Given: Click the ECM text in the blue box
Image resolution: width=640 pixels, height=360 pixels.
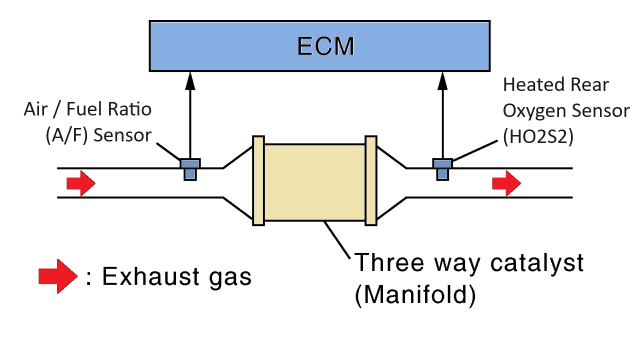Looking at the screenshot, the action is pyautogui.click(x=325, y=46).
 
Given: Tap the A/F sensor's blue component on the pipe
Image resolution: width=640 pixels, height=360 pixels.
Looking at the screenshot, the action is pyautogui.click(x=190, y=169).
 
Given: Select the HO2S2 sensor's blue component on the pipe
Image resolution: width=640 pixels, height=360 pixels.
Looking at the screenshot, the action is pyautogui.click(x=442, y=169).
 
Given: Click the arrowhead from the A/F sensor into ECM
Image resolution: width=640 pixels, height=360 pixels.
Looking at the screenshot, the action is pyautogui.click(x=190, y=81).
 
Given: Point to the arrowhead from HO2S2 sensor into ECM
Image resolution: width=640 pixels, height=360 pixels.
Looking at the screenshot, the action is pyautogui.click(x=442, y=81).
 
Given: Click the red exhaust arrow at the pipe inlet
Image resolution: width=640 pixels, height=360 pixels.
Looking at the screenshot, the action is pyautogui.click(x=81, y=183).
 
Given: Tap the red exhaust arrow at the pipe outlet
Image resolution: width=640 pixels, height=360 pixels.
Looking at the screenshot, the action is pyautogui.click(x=506, y=183).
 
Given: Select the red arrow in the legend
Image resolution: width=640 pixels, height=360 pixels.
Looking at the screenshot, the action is pyautogui.click(x=57, y=276).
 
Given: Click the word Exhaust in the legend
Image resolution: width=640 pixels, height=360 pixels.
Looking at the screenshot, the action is pyautogui.click(x=150, y=276).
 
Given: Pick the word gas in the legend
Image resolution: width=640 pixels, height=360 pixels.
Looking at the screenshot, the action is pyautogui.click(x=230, y=278).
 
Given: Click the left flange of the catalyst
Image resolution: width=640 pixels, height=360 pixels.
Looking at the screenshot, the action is pyautogui.click(x=258, y=181).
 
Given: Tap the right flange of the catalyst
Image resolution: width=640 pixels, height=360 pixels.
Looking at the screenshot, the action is pyautogui.click(x=371, y=181).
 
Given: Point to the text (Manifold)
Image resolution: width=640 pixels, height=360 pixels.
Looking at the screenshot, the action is pyautogui.click(x=415, y=295).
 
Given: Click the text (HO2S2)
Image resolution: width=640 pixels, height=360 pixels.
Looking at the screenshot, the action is pyautogui.click(x=538, y=137).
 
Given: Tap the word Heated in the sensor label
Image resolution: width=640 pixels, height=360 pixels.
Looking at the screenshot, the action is pyautogui.click(x=529, y=85).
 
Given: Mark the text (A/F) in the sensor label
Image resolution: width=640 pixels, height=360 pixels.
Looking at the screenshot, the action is pyautogui.click(x=66, y=135).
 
